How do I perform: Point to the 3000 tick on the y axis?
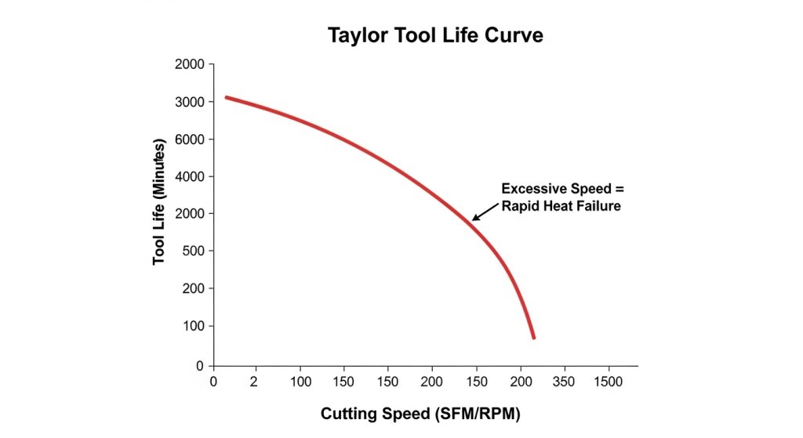191,102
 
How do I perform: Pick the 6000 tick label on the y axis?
191,139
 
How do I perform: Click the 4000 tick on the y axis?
191,176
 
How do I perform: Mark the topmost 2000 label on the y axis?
191,64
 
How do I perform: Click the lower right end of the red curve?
533,337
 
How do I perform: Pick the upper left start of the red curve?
227,97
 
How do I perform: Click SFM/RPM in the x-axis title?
480,413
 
